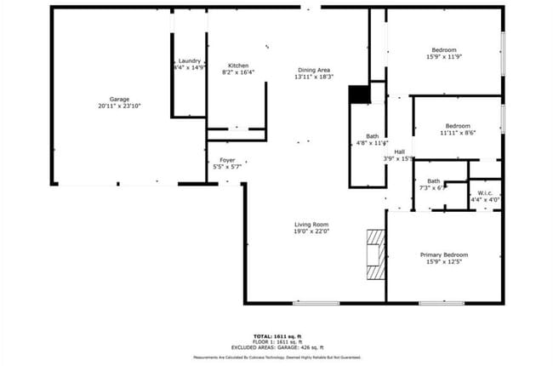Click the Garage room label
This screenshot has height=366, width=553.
[119, 100]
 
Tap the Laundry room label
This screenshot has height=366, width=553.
[190, 60]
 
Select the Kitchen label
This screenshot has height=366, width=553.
[238, 66]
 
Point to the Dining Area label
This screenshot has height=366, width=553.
[313, 70]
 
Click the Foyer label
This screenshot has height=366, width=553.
[227, 160]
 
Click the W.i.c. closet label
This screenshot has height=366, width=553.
[486, 193]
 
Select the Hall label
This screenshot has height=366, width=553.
[399, 152]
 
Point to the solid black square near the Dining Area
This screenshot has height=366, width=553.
[359, 94]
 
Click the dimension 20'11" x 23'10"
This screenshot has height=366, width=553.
[119, 106]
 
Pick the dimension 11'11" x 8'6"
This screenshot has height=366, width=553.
[458, 133]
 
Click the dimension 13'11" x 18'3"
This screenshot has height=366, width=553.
[313, 77]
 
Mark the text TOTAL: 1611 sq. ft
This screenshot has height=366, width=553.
[276, 336]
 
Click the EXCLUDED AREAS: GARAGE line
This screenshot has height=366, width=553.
[276, 348]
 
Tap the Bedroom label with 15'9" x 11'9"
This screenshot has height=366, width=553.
[444, 50]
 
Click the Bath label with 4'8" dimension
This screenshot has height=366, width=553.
[373, 136]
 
